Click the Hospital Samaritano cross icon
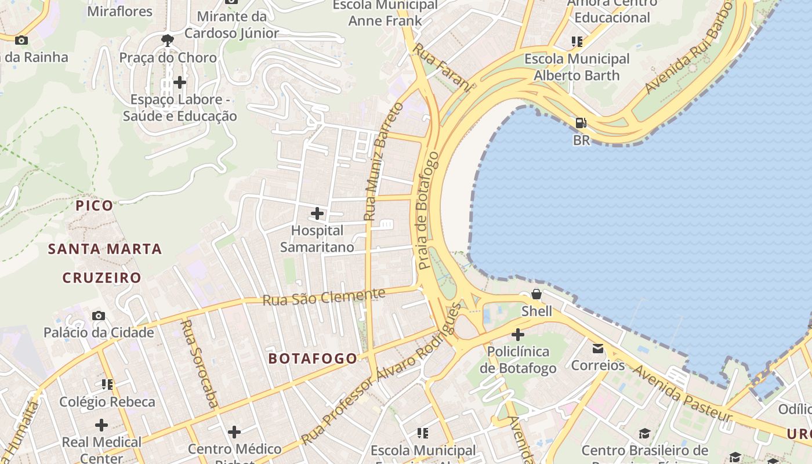(x=317, y=213)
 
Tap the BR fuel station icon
(x=581, y=123)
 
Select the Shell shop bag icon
(x=536, y=294)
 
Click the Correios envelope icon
(x=597, y=349)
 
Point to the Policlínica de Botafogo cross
(x=518, y=335)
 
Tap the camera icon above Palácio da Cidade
(x=99, y=316)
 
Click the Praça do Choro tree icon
(x=168, y=40)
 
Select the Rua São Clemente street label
(x=324, y=297)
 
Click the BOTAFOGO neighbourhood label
(x=313, y=358)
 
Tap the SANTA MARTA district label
(x=104, y=249)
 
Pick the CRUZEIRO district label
(x=102, y=278)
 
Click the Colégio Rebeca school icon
(x=107, y=385)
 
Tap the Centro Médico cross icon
(x=234, y=432)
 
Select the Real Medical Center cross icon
(x=101, y=425)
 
